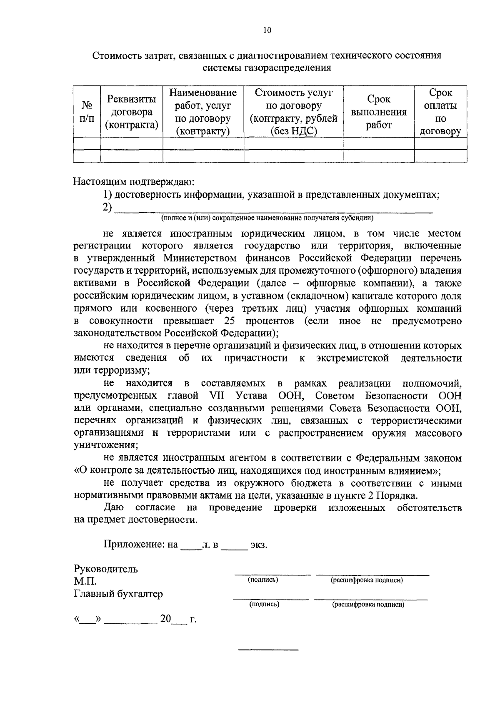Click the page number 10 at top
tap(267, 30)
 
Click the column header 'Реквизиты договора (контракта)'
tap(132, 112)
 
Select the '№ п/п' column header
tap(87, 112)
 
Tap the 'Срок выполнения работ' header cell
tap(379, 112)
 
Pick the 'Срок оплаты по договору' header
tap(440, 112)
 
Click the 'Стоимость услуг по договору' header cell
tap(293, 112)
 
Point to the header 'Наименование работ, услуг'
tap(203, 112)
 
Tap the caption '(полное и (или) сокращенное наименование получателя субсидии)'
tap(267, 218)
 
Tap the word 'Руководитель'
tap(106, 569)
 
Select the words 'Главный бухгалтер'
tap(118, 594)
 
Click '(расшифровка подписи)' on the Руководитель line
tap(367, 580)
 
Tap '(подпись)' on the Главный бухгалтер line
tap(264, 604)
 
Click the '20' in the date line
tap(165, 619)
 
